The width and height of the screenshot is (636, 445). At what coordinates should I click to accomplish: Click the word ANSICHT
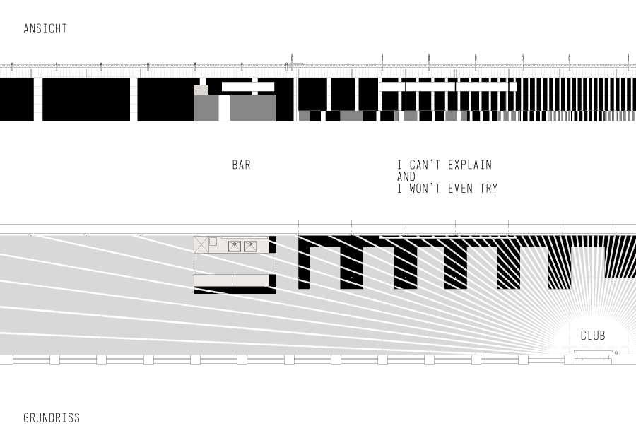click(x=45, y=29)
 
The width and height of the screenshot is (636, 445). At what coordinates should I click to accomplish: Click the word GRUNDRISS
click(x=52, y=418)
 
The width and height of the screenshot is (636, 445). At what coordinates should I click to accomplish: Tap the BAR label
click(x=241, y=165)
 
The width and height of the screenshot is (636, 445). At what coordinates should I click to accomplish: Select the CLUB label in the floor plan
click(x=592, y=336)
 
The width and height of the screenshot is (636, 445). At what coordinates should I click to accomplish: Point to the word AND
click(x=406, y=177)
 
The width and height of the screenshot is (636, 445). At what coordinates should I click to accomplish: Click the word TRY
click(x=488, y=189)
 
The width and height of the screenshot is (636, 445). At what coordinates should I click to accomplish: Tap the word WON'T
click(x=427, y=189)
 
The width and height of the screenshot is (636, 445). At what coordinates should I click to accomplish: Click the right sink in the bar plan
click(x=250, y=247)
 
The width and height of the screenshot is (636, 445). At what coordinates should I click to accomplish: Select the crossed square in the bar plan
click(x=201, y=244)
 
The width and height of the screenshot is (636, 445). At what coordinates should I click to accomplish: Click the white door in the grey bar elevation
click(x=224, y=108)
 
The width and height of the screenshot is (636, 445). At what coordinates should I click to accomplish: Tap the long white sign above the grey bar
click(x=247, y=86)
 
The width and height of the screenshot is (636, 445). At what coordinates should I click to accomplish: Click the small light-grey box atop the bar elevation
click(x=201, y=90)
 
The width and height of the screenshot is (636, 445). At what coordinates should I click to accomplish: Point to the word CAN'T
click(x=428, y=165)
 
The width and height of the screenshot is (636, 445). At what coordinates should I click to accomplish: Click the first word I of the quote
click(x=399, y=165)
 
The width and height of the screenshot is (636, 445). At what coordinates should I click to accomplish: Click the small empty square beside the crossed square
click(x=213, y=242)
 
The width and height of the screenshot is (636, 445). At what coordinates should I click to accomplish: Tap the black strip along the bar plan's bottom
click(x=235, y=290)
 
